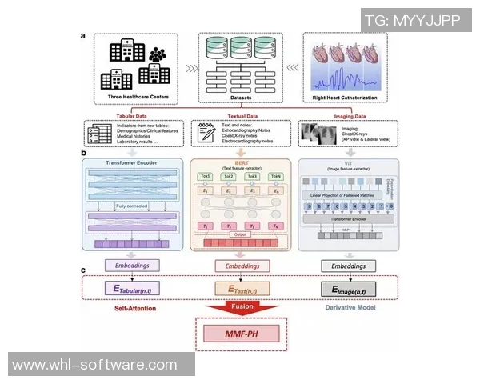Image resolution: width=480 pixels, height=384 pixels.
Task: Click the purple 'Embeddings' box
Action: coord(131,263)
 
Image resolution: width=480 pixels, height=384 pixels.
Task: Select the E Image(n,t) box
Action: coord(348,289)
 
